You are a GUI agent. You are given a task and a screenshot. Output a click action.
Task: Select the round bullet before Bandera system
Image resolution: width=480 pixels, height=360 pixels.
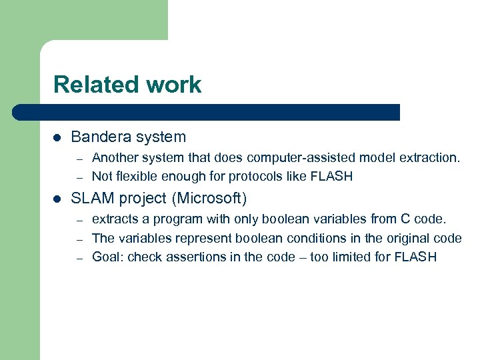pos(57,137)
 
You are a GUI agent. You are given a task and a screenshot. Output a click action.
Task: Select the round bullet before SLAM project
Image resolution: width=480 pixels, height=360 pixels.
pos(57,198)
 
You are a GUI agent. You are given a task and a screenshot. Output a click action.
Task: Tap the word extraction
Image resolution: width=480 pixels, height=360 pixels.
pos(427,158)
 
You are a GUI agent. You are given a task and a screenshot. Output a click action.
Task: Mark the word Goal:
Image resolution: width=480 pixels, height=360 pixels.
pos(107,257)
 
